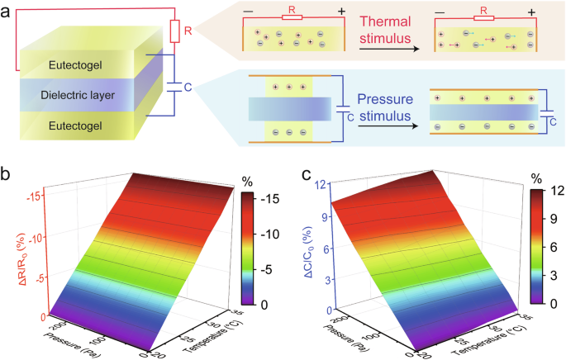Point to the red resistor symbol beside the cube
tap(174, 31)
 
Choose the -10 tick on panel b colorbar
tap(265, 234)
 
